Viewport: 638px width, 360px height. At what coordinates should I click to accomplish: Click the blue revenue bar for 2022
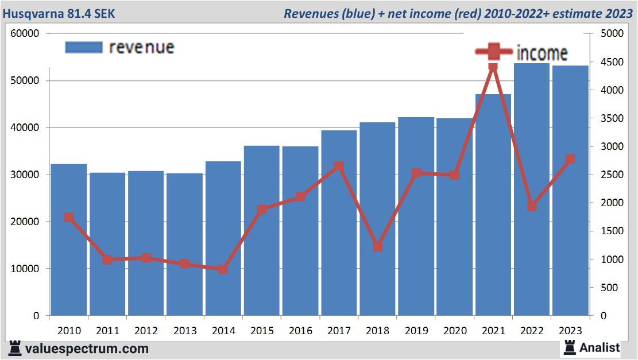tap(531, 189)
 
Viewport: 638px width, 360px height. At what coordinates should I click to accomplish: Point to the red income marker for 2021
tap(493, 67)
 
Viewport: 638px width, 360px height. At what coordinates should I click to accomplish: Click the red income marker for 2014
tap(223, 269)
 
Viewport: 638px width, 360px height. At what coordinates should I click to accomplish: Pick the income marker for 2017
tap(339, 166)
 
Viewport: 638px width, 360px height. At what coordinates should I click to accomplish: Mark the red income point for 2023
tap(570, 159)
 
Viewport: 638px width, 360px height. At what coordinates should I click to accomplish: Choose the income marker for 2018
tap(377, 246)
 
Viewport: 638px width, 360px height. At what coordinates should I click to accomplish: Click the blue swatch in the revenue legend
tap(84, 47)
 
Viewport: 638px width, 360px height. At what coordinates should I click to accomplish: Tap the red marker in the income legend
tap(494, 52)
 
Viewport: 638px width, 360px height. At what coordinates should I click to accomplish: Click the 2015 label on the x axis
tap(262, 331)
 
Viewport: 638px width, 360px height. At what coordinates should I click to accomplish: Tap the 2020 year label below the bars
tap(455, 331)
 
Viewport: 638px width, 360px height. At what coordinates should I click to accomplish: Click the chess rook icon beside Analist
tap(570, 347)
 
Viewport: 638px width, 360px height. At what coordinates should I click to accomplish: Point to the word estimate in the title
tap(576, 13)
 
